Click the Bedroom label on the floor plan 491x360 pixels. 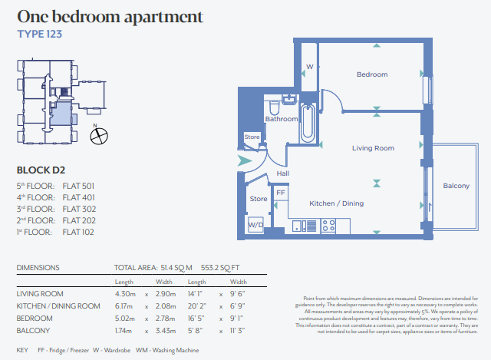pos(372,74)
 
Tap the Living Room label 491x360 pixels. pos(373,148)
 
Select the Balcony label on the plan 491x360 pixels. pos(456,186)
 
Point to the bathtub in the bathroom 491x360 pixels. pos(307,123)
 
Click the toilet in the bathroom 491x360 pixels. pos(275,107)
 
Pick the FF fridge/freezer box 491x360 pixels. pos(281,193)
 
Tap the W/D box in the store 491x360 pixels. pos(255,224)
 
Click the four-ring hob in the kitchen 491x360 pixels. pos(328,226)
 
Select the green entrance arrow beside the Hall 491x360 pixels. pos(244,160)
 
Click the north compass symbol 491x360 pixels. pos(99,137)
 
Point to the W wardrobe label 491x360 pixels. pos(309,67)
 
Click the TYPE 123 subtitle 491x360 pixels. pos(40,34)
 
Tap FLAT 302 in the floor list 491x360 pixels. pos(79,209)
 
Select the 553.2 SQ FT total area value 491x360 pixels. pos(220,268)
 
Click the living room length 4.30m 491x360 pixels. pos(125,294)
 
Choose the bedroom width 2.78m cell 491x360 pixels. pos(166,319)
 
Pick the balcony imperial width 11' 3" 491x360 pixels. pos(237,331)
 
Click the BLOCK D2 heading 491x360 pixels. pos(41,170)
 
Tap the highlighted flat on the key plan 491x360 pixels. pos(61,114)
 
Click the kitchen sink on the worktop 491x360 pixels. pos(297,226)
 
